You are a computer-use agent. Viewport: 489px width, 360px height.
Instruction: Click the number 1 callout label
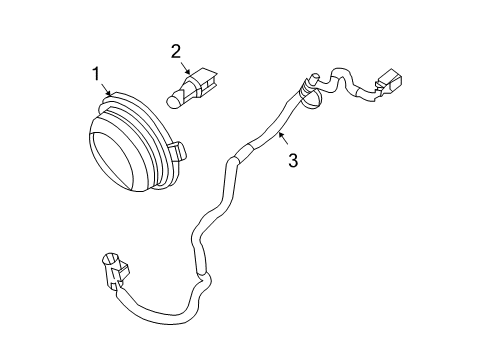(97, 73)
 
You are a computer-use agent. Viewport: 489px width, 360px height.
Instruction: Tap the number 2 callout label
(175, 50)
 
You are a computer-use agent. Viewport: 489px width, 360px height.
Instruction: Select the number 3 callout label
(292, 159)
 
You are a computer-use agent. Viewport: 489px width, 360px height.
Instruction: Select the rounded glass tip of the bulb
(175, 99)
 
